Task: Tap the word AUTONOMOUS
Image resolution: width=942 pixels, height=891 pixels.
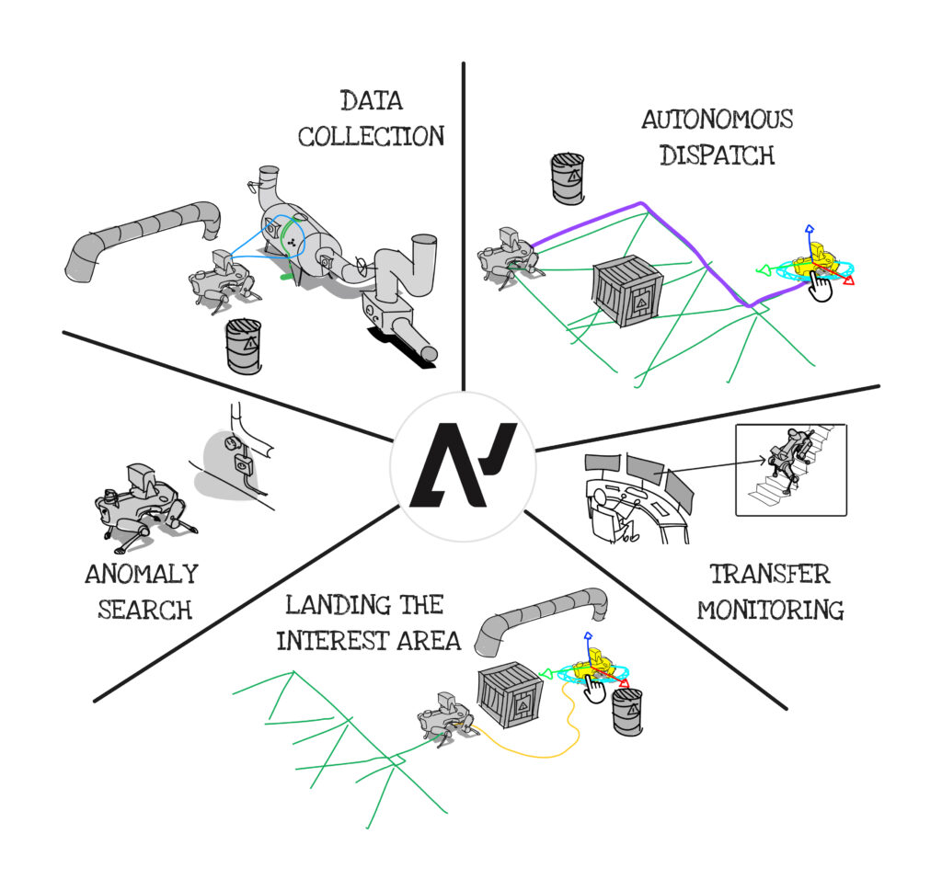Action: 718,120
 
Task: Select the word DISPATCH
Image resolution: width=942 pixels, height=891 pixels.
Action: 717,154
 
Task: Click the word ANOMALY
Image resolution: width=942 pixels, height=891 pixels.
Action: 141,575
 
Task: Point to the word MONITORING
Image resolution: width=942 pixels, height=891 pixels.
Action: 770,609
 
